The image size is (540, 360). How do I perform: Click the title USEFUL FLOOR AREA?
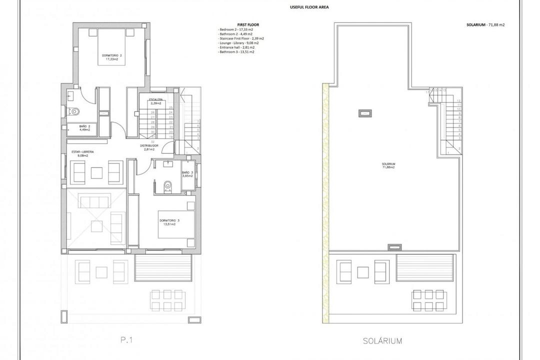coord(309,7)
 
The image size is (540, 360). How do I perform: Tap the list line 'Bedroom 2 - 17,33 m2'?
coord(238,29)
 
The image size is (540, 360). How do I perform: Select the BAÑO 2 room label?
coord(85,128)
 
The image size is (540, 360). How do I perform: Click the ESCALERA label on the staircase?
coord(155,101)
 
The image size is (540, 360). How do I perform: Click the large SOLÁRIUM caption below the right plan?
coord(382,341)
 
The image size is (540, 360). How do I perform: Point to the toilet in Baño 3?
coord(167,185)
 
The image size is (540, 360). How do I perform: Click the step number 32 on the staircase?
coord(152,141)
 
